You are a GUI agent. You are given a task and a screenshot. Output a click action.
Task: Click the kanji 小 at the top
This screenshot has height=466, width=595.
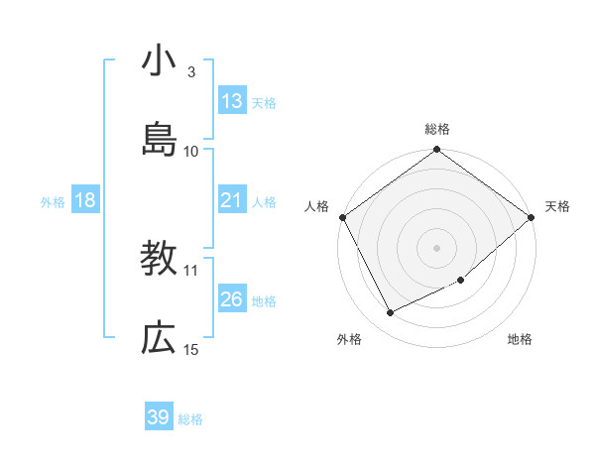tap(159, 61)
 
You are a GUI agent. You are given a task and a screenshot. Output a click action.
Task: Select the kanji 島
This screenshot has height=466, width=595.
tap(159, 140)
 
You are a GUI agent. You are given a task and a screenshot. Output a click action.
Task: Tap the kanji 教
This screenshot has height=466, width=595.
tap(159, 259)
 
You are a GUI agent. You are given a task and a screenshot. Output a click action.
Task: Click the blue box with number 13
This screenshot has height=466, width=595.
tap(232, 101)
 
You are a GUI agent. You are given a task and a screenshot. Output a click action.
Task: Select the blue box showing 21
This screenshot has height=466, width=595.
tap(232, 200)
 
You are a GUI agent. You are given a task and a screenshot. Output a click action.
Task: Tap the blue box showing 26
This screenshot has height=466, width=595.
tap(232, 299)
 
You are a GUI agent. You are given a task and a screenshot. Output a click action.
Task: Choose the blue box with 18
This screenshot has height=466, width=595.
tap(85, 200)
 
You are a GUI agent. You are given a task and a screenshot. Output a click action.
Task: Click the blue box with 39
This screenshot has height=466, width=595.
tap(159, 417)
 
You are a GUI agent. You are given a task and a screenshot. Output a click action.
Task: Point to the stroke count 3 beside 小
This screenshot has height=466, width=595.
tap(191, 72)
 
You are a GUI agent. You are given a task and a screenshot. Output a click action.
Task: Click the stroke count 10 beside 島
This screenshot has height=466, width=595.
tap(191, 152)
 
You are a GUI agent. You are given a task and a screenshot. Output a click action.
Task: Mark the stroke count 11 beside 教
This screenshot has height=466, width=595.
tap(191, 270)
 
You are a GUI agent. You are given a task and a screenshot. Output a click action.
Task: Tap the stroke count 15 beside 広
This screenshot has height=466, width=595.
tap(191, 349)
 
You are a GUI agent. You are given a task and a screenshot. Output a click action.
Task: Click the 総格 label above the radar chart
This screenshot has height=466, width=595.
tap(437, 129)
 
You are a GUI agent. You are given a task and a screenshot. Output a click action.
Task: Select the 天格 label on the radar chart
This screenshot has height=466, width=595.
tap(557, 206)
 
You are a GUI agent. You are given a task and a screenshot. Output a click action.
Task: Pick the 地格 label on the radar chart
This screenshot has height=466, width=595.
tap(520, 339)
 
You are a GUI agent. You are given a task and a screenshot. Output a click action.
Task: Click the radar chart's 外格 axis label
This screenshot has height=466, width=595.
tap(349, 339)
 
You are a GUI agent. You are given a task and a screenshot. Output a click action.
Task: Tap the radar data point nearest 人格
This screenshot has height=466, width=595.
tap(342, 217)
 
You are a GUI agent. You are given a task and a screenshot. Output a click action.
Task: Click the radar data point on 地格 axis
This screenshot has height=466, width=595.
tap(461, 281)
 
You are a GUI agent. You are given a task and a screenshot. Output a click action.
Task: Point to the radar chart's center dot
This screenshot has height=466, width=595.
tap(437, 247)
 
